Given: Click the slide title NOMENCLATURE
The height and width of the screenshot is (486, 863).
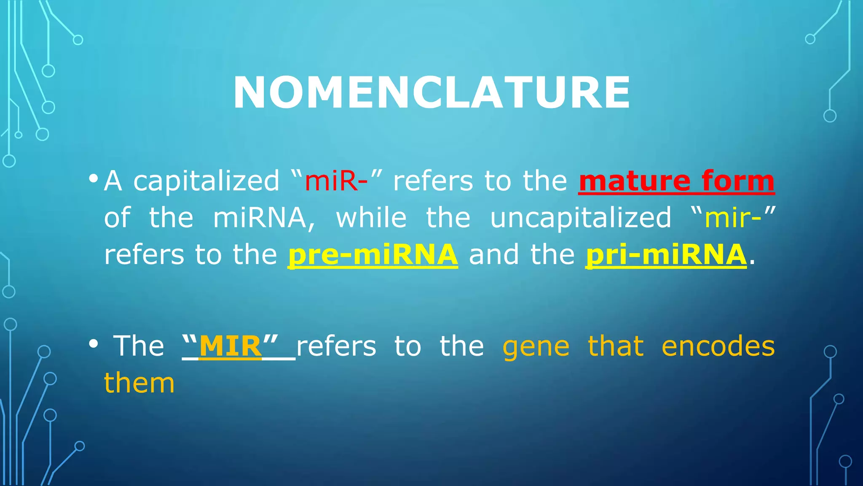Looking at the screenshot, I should click(431, 93).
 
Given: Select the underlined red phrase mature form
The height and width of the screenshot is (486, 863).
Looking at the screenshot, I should click(676, 181).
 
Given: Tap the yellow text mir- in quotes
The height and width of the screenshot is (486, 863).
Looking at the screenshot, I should click(733, 218).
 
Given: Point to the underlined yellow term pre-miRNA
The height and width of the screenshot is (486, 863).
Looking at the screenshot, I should click(373, 255).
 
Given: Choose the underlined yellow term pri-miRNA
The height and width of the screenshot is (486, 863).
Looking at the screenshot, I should click(666, 255).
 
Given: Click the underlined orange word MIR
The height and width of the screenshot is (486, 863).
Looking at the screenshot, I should click(230, 346).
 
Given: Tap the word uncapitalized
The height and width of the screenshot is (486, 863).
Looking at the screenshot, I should click(581, 218).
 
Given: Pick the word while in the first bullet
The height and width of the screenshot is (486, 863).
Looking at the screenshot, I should click(371, 218).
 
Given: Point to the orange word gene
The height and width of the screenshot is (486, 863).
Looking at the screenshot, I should click(536, 347).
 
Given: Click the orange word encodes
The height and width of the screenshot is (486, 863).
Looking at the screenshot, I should click(718, 346).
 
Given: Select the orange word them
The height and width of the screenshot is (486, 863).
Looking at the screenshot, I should click(139, 383).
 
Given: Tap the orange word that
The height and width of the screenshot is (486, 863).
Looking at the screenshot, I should click(616, 346).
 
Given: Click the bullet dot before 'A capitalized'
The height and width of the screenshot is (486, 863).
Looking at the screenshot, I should click(94, 178).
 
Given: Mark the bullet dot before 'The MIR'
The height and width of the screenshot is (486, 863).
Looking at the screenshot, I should click(94, 344).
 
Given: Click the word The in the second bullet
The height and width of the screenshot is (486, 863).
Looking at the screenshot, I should click(139, 346).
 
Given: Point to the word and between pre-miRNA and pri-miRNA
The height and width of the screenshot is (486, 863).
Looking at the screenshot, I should click(494, 255).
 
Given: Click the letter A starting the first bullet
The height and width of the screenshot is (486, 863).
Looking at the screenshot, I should click(113, 181).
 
